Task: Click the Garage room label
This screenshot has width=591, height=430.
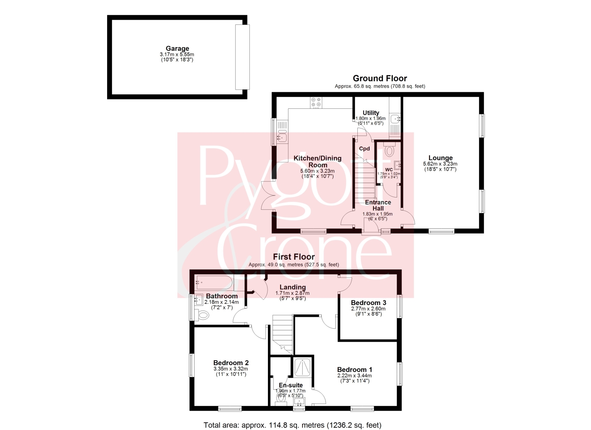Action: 177,48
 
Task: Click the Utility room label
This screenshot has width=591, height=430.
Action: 371,113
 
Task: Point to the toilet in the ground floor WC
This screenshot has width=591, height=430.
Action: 389,150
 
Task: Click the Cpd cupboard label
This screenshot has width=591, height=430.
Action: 364,149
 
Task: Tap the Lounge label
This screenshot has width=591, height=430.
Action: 440,158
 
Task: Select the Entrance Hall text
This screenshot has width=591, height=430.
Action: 378,205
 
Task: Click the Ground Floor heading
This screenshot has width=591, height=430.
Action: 380,78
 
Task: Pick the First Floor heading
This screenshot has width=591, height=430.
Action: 294,257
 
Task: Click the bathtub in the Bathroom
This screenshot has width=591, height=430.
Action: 214,283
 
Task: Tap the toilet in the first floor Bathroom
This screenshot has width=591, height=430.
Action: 203,315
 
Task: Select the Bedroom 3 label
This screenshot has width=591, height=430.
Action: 368,303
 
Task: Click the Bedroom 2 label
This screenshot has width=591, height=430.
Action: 231,363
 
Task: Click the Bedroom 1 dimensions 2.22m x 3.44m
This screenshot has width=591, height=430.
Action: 354,376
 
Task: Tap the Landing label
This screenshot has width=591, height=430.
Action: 293,287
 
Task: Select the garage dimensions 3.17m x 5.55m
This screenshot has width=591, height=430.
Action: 177,54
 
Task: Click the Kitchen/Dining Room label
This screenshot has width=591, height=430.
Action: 318,162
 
